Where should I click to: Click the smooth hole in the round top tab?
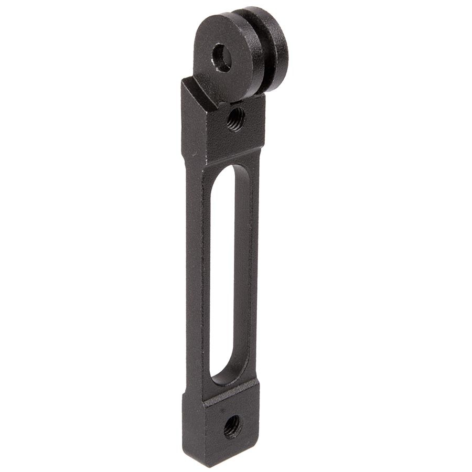[222, 58]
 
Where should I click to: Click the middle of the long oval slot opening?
[221, 273]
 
